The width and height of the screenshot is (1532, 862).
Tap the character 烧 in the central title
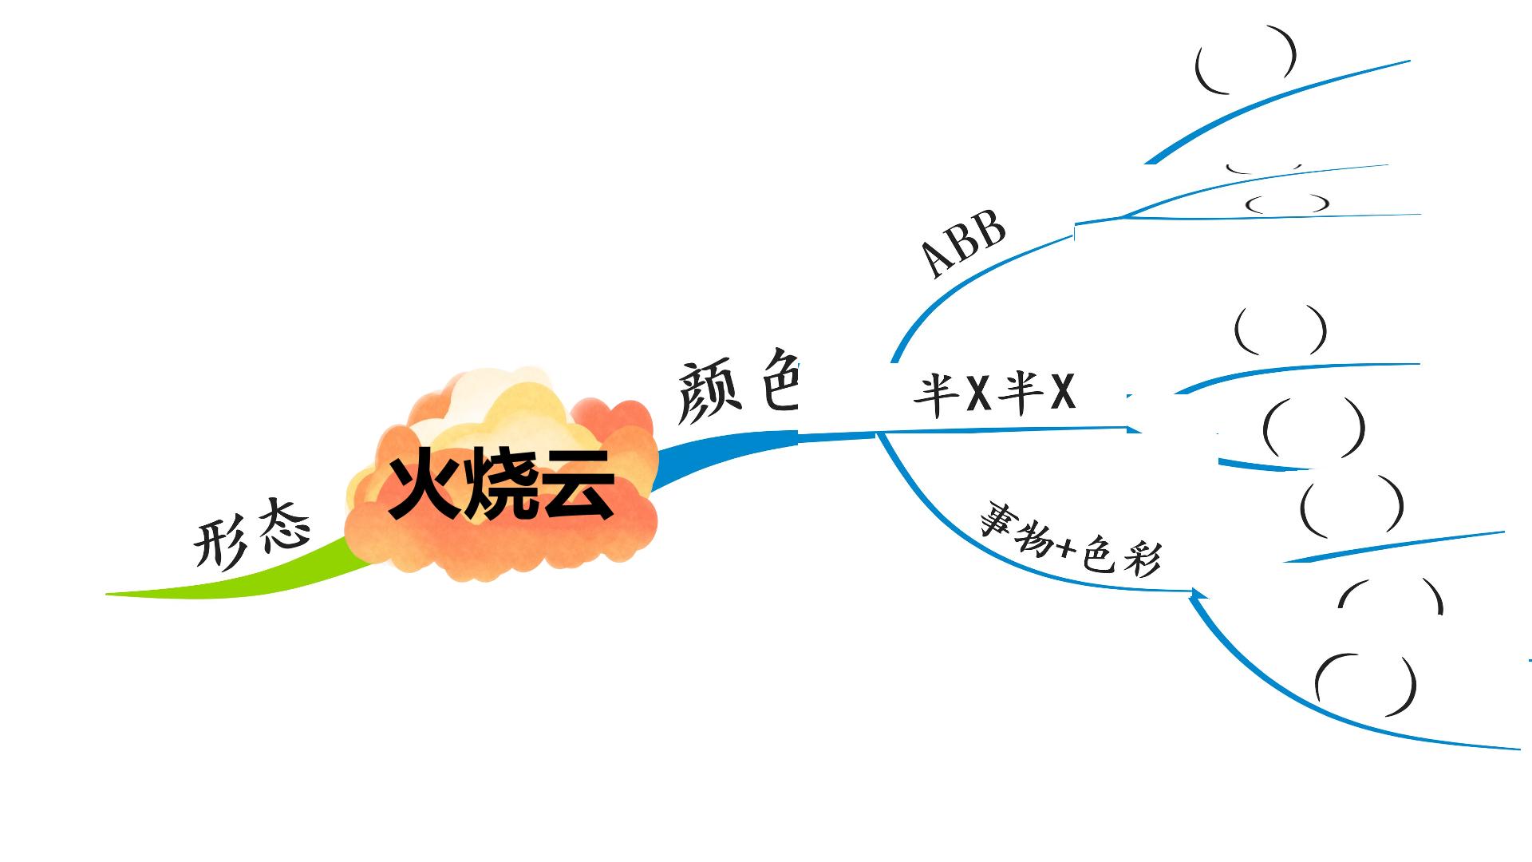coord(501,484)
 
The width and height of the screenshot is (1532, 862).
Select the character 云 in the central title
coord(578,484)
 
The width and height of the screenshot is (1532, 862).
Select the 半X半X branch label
coord(994,394)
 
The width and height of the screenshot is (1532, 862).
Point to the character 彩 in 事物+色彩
coord(1139,559)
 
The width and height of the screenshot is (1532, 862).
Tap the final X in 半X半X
coord(1062,393)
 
